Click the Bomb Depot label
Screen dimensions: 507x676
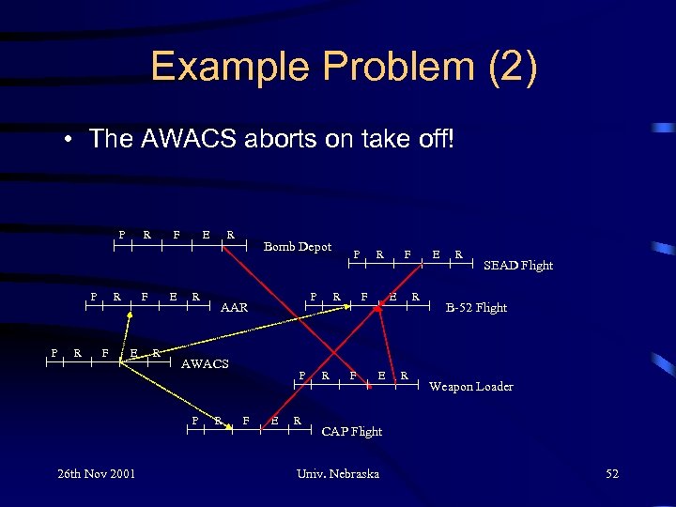pos(297,247)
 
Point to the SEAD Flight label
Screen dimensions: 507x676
pos(517,266)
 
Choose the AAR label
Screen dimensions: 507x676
pos(234,307)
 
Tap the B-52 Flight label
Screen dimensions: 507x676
pos(476,307)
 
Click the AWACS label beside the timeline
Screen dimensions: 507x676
pos(204,363)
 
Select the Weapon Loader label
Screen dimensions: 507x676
pos(471,386)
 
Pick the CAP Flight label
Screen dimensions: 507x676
pos(352,432)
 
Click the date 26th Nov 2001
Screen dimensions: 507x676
pos(96,473)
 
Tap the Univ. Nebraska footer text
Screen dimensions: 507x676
pos(338,473)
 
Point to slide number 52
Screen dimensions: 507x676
pos(612,473)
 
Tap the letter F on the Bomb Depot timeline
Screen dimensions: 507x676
pos(177,234)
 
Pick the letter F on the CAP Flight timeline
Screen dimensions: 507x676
pos(245,420)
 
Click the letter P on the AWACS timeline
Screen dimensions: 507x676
pos(53,352)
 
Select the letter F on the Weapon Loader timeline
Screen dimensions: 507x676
pos(353,375)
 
